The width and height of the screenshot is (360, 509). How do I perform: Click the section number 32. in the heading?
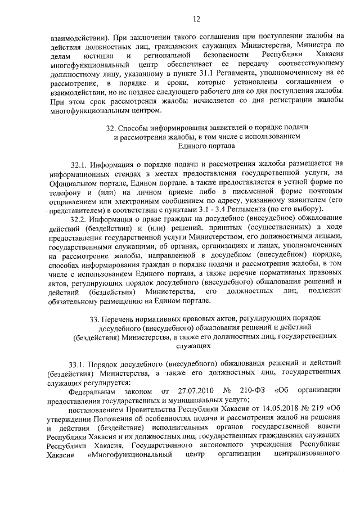click(112, 128)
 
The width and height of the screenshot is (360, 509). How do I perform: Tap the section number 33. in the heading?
click(94, 319)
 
